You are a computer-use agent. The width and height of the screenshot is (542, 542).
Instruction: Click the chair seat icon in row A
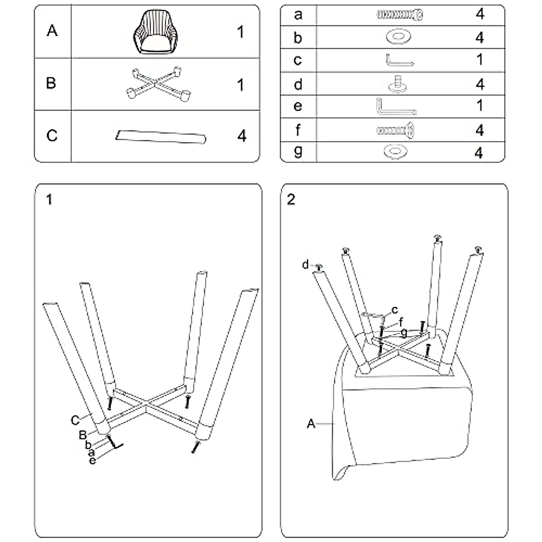[155, 32]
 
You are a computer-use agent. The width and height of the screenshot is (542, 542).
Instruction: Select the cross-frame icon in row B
[159, 84]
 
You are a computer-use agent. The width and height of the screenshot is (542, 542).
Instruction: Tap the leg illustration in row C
[161, 137]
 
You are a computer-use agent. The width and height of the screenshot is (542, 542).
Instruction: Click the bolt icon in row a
[400, 14]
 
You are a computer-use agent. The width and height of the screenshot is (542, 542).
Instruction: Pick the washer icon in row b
[398, 37]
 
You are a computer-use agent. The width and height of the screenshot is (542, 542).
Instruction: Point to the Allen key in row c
[400, 60]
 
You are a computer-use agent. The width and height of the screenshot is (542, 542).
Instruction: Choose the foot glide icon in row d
[398, 84]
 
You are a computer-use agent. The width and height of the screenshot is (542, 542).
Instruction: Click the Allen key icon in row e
[396, 107]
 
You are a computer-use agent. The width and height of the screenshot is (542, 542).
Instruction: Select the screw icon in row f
[396, 131]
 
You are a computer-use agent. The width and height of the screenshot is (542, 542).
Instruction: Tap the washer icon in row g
[395, 152]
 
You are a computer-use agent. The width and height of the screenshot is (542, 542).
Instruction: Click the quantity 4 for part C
[242, 136]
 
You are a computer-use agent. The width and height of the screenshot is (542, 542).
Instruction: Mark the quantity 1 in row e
[480, 105]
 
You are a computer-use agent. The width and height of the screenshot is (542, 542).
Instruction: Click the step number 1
[49, 200]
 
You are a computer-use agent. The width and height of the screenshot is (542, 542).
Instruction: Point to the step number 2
[291, 200]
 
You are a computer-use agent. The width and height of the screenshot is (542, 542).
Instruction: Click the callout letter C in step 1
[75, 420]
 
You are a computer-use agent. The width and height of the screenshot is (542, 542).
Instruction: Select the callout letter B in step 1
[83, 435]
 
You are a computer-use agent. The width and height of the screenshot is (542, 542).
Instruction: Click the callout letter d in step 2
[305, 264]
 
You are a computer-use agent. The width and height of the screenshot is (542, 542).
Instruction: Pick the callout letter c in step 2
[395, 310]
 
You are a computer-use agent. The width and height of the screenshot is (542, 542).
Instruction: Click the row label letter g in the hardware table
[298, 151]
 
